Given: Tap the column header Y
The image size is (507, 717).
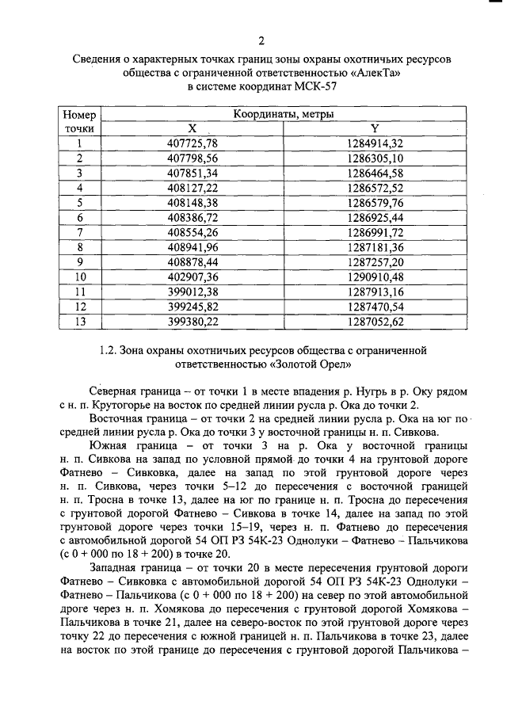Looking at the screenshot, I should (x=375, y=128).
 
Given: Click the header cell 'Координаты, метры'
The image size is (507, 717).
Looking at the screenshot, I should (x=284, y=115).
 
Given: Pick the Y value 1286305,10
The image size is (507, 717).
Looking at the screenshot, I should (x=375, y=158).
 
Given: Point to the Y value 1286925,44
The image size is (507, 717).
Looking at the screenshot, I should (x=375, y=217).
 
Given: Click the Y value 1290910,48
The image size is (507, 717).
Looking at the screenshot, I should (x=375, y=277).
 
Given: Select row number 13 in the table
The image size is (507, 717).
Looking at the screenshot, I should (x=80, y=322).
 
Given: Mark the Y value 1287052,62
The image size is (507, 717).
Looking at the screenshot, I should (x=375, y=322).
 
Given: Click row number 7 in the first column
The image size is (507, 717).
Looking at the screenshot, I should (x=80, y=232).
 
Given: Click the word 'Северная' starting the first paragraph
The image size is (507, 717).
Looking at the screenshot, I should (x=117, y=392).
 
